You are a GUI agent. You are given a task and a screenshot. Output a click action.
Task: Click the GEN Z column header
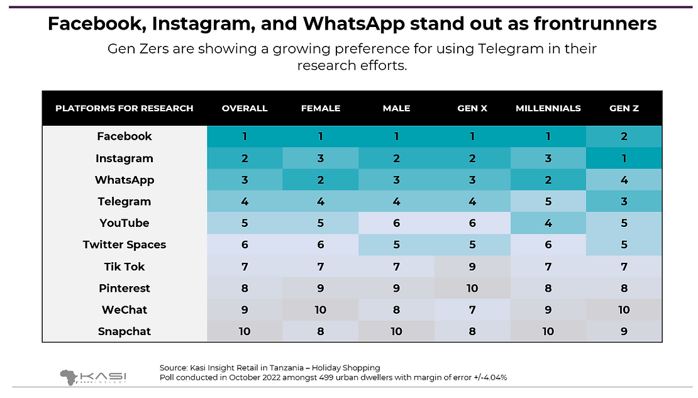pos(624,108)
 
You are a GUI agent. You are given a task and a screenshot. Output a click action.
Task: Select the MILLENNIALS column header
pos(548,108)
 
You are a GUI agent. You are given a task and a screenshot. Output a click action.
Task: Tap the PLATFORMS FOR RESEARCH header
pos(125,108)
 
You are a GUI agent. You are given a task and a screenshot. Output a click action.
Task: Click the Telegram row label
pos(125,202)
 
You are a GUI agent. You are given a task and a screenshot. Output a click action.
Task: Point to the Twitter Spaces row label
pos(125,245)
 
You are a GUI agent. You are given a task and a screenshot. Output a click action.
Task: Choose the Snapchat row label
pos(125,331)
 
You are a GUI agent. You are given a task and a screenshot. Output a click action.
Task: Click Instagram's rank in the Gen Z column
pos(624,158)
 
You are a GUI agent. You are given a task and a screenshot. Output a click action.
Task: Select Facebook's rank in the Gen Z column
pos(624,136)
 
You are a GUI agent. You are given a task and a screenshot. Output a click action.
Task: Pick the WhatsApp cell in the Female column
pos(321,180)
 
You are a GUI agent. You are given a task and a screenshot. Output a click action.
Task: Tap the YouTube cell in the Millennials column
pos(548,223)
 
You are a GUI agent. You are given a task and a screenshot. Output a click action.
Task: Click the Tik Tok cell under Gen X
pos(472,267)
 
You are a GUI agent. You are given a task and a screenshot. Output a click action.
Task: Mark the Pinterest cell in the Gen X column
pos(472,288)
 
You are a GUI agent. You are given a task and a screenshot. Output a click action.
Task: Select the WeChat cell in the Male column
pos(396,309)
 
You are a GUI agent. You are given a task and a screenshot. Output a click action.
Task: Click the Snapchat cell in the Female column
pos(321,331)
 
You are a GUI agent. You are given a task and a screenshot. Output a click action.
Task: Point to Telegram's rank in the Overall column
pos(245,202)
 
